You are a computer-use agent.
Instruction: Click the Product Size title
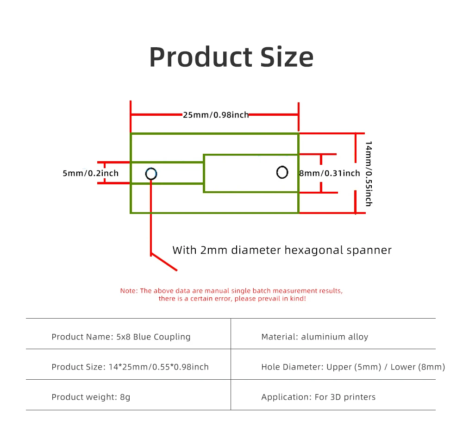click(x=231, y=57)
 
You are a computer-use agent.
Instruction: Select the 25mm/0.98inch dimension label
click(x=216, y=114)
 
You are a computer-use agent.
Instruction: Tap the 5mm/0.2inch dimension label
click(x=90, y=173)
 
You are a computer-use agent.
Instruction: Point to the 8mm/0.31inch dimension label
click(x=330, y=173)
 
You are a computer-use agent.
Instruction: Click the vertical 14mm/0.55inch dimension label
click(x=369, y=174)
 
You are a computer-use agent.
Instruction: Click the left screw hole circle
click(x=151, y=174)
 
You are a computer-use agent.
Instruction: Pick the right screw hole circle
click(x=282, y=172)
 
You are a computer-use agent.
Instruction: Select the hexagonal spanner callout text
click(x=282, y=251)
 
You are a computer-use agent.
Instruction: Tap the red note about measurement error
click(x=231, y=295)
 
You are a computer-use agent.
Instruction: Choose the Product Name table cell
click(x=121, y=337)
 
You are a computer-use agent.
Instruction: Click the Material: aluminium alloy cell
click(x=314, y=337)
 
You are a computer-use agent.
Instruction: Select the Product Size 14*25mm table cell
click(x=130, y=367)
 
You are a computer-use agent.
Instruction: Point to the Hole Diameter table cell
click(x=353, y=367)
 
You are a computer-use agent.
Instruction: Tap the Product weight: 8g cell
click(x=91, y=397)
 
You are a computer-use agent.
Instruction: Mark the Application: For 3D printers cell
click(x=318, y=397)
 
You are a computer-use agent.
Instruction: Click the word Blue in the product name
click(x=142, y=337)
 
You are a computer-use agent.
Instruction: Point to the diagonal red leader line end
click(x=176, y=270)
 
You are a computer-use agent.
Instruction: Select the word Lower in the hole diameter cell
click(x=403, y=367)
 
